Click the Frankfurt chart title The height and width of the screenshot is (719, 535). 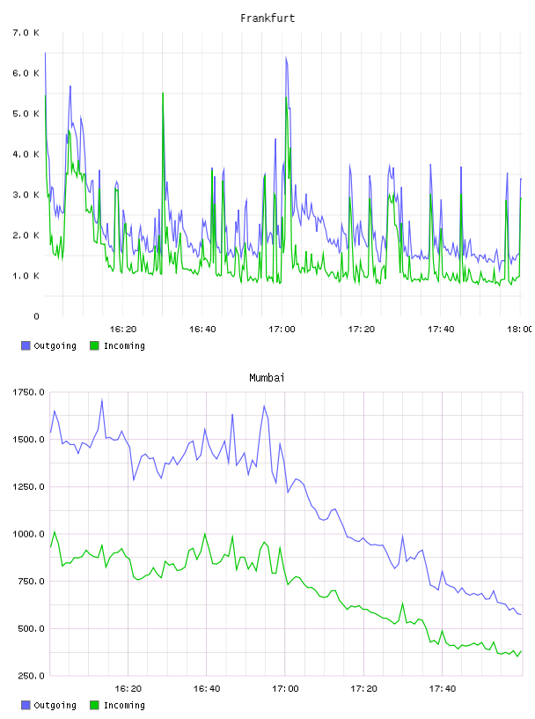267,19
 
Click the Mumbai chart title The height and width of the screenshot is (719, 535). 267,378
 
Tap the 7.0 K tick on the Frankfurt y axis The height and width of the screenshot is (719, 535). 26,33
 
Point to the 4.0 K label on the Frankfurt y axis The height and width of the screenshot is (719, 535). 26,154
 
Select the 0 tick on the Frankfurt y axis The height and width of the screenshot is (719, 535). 36,316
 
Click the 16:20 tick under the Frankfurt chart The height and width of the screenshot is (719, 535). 123,329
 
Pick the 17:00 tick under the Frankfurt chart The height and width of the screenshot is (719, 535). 282,329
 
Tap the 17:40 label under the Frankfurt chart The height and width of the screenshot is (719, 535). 441,329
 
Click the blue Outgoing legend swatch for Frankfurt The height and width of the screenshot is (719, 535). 26,345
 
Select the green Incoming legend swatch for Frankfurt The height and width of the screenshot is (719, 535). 94,345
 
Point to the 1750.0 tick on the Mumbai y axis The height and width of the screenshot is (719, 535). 28,392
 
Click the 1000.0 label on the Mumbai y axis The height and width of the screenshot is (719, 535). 28,534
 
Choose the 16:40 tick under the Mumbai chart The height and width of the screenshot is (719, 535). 207,688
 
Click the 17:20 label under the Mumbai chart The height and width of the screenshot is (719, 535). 363,688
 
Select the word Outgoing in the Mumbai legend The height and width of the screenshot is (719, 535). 55,705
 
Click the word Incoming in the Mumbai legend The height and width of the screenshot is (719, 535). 124,705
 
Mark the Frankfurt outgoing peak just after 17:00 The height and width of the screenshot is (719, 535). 286,57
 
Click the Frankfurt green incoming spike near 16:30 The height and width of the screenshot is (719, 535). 163,93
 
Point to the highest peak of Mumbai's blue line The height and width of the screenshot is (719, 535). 102,400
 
